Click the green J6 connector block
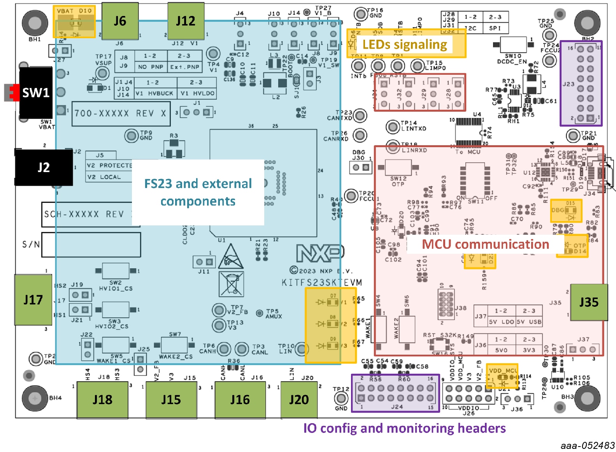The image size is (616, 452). pos(120,21)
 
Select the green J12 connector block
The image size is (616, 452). pos(186,21)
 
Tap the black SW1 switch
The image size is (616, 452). pos(35,93)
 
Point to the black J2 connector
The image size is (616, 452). pos(44,167)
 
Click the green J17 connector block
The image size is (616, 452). pos(33,300)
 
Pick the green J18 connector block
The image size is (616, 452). pos(102,400)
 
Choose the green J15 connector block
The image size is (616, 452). pos(171,400)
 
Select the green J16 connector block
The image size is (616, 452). pos(240,400)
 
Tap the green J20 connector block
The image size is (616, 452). pos(298,400)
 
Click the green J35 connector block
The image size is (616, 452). pos(588,303)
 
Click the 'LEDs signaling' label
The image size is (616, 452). pos(405,44)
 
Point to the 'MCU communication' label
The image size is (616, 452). pos(485,244)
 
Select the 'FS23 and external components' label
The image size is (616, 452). pos(198,192)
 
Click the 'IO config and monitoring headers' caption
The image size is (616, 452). pos(404,428)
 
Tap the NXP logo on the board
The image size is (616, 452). pos(320,253)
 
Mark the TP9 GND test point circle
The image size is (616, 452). pos(131,135)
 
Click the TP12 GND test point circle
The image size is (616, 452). pos(341,398)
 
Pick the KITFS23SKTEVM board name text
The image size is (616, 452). pos(322,283)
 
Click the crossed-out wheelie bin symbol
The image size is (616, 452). pos(231,284)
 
